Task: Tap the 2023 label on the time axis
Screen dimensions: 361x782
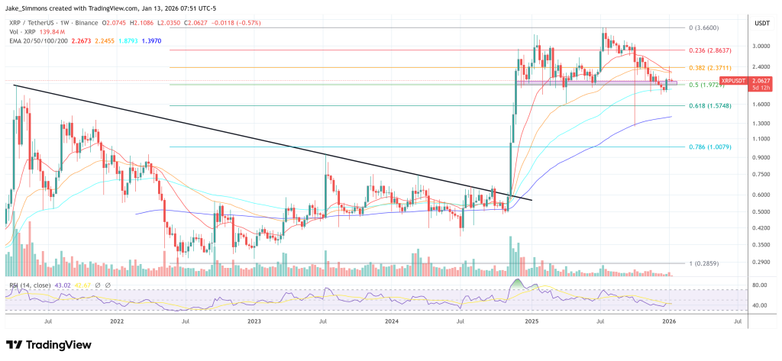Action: coord(254,323)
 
